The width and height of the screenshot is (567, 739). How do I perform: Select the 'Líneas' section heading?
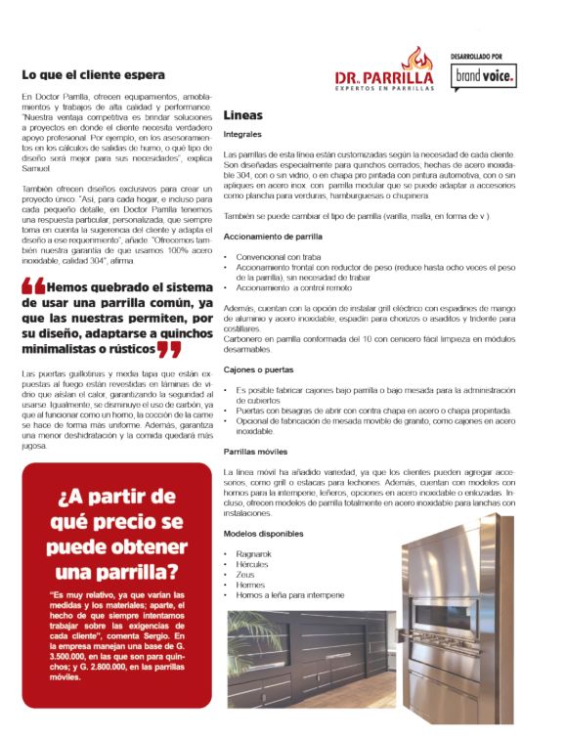(242, 115)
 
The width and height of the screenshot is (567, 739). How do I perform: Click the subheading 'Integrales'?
(242, 134)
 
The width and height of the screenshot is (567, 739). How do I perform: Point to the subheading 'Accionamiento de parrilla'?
(274, 237)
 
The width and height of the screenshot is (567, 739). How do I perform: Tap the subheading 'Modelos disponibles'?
(263, 534)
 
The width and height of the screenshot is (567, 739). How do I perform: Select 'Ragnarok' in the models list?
(255, 553)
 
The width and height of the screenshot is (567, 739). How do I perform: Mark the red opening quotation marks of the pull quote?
(32, 286)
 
